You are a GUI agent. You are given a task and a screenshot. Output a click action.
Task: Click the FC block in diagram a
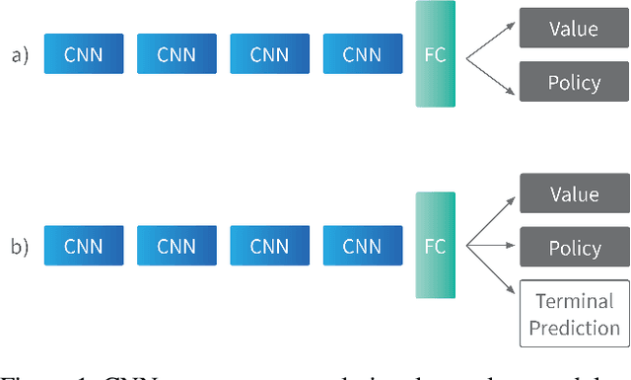point(435,54)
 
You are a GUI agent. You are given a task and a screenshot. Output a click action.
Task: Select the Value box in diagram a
point(573,29)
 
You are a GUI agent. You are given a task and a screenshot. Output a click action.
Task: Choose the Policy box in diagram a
point(573,81)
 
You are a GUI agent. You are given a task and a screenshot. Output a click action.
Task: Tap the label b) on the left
point(21,246)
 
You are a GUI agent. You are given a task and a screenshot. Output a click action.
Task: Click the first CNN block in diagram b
point(84,245)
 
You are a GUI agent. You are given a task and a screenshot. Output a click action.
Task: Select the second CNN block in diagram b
point(176,245)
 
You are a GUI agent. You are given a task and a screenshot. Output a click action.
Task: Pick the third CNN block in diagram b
point(270,245)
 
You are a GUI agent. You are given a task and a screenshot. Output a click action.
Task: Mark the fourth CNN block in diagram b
point(363,245)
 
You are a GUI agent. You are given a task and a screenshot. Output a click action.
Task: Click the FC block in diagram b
point(435,244)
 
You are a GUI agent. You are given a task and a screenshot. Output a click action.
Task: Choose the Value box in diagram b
point(573,194)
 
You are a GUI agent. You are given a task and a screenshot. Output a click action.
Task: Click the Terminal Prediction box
point(573,313)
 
